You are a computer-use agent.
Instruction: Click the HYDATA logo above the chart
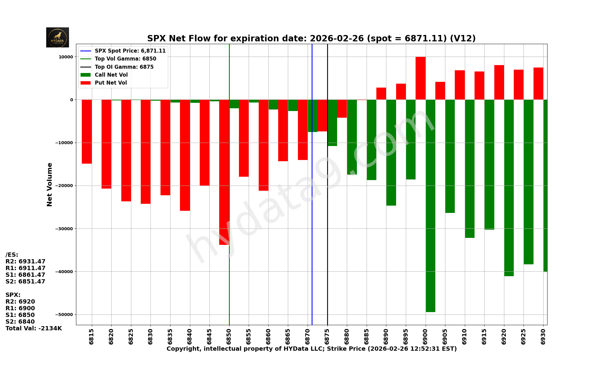[57, 37]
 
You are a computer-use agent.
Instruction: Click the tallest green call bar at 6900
[430, 206]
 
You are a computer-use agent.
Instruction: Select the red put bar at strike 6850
[224, 172]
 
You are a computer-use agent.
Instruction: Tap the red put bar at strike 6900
[420, 78]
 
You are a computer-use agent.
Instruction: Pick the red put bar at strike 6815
[87, 131]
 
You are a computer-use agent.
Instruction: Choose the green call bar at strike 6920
[509, 188]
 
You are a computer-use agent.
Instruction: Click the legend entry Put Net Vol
[111, 83]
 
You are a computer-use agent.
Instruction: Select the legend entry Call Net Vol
[111, 75]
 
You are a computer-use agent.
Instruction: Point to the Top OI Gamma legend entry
[124, 67]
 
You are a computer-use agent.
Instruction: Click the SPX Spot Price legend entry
[130, 51]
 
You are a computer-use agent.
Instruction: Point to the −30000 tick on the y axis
[64, 229]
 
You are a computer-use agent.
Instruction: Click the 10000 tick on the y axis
[66, 57]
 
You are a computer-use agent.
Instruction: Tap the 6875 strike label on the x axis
[327, 336]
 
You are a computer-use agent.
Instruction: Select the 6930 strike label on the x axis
[543, 336]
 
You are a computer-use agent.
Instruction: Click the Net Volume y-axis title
[50, 184]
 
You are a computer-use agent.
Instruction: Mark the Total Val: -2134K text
[33, 328]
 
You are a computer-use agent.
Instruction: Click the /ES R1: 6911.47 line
[25, 268]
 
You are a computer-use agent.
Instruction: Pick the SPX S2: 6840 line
[20, 322]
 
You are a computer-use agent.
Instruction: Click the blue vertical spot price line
[312, 213]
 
